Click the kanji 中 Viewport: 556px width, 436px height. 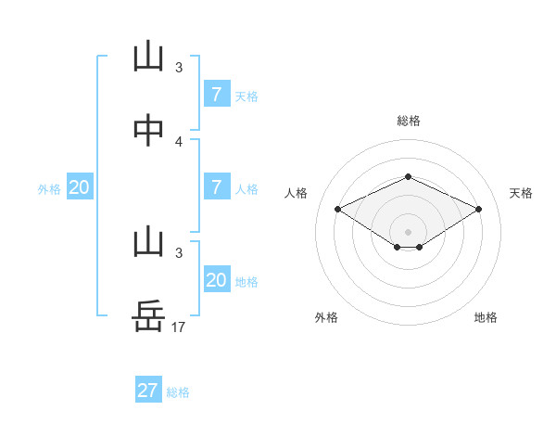click(148, 131)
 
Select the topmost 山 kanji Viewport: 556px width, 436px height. click(148, 58)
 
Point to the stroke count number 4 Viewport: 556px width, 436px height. click(179, 141)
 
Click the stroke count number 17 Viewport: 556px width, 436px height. click(179, 327)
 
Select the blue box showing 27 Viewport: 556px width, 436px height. click(148, 391)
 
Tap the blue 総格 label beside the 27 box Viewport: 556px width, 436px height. click(178, 392)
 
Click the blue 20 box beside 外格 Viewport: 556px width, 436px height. click(80, 187)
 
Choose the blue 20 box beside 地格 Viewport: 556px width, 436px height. click(216, 280)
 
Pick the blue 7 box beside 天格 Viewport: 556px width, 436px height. click(216, 94)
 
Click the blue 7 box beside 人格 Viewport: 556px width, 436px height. click(216, 187)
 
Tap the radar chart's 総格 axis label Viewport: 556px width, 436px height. click(408, 121)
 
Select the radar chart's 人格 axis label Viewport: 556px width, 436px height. click(296, 193)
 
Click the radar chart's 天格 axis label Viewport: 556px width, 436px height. click(521, 193)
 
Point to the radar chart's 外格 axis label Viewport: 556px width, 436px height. click(326, 317)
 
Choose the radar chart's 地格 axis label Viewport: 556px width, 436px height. click(486, 317)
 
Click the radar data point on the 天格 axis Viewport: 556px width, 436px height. click(479, 209)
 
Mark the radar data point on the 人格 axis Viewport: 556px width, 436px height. click(338, 209)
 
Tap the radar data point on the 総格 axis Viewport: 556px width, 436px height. click(408, 176)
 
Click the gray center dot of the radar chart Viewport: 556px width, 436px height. click(408, 231)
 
